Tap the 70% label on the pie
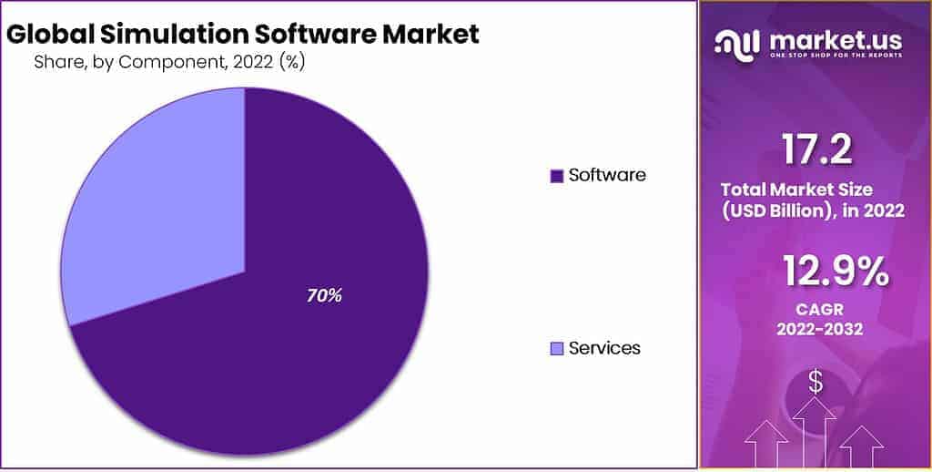coord(323,295)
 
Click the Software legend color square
coord(557,176)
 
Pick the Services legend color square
coord(557,349)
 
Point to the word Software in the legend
coord(607,175)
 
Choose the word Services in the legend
coord(604,348)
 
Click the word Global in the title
coord(48,35)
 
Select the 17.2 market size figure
coord(815,150)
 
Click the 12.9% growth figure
coord(835,271)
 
